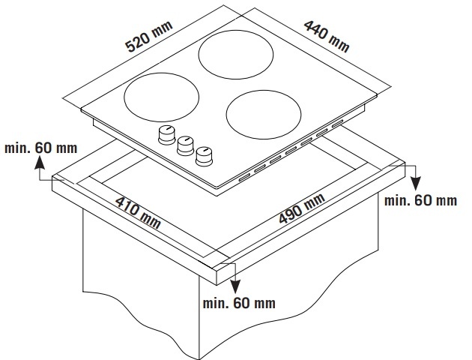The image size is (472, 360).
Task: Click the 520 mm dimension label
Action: [x=149, y=36]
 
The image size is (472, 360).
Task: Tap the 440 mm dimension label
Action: [x=327, y=36]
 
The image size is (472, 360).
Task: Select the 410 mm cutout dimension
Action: [x=138, y=212]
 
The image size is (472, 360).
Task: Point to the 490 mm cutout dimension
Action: [x=302, y=208]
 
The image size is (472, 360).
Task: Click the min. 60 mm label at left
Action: [x=41, y=148]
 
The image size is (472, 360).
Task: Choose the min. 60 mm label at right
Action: [x=420, y=200]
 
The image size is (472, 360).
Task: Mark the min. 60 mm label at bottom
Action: [x=239, y=303]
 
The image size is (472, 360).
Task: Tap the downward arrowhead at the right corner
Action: [x=416, y=184]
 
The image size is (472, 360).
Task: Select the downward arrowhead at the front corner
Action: [x=235, y=286]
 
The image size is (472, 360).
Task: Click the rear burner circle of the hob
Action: [x=236, y=55]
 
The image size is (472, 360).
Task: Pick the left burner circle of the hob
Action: [x=161, y=97]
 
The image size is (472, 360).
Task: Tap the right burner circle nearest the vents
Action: [x=264, y=115]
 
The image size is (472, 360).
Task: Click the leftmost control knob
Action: [x=166, y=134]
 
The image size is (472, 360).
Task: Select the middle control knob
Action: [x=186, y=145]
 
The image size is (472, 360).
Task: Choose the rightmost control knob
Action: [x=204, y=156]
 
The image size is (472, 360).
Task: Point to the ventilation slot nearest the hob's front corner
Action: [x=245, y=178]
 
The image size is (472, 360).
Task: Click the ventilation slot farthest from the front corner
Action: [x=338, y=124]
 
